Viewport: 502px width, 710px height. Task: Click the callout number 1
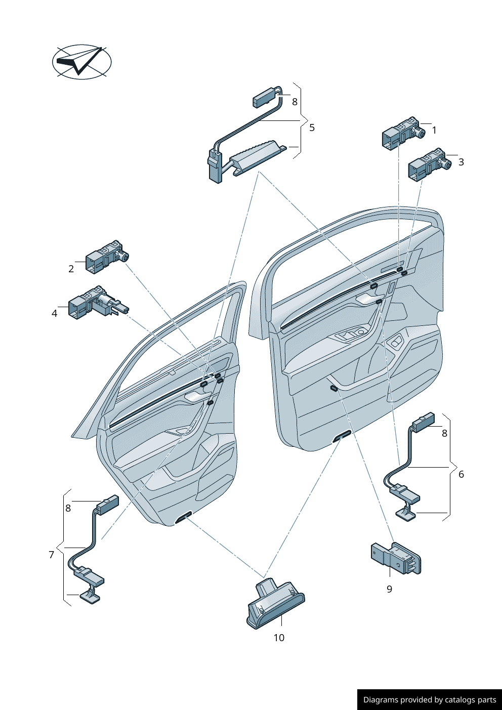[x=434, y=131]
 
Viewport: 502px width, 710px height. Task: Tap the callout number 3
[x=461, y=162]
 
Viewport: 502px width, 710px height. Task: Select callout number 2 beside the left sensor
[x=71, y=269]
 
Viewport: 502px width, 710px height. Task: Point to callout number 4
[x=55, y=313]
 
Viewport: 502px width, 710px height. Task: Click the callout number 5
[x=312, y=128]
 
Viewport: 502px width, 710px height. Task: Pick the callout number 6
[x=461, y=474]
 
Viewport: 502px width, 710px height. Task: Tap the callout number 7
[x=51, y=555]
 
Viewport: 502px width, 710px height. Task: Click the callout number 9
[x=389, y=589]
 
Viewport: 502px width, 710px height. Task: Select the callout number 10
[x=279, y=638]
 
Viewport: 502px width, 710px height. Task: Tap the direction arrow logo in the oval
[x=81, y=62]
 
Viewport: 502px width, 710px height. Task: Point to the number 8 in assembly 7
[x=68, y=508]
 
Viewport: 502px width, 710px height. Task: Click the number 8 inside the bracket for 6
[x=444, y=434]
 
